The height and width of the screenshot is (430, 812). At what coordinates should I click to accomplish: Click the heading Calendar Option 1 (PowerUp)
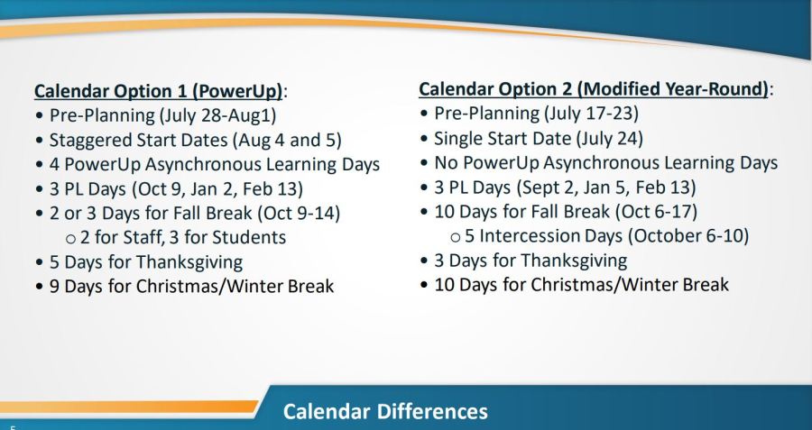(158, 92)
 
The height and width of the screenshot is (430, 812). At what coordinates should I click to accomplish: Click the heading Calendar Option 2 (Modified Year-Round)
(594, 89)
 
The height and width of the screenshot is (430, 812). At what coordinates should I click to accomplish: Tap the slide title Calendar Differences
(385, 411)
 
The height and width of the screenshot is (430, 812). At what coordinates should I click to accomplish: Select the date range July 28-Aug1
(218, 114)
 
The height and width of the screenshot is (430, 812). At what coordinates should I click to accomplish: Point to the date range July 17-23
(590, 113)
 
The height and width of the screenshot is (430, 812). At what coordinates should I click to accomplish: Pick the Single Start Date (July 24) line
(539, 138)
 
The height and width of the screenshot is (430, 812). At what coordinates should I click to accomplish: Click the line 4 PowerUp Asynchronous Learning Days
(215, 165)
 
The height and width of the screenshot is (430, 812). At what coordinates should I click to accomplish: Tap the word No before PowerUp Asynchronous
(447, 162)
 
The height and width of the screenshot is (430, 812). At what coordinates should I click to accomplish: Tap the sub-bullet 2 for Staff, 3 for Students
(183, 237)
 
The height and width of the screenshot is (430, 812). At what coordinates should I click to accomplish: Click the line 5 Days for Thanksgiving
(146, 261)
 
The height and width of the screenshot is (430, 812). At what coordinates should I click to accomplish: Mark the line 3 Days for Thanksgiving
(531, 261)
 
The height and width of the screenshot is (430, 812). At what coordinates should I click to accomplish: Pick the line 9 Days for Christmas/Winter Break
(191, 286)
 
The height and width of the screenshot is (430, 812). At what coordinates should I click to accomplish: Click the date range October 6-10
(688, 235)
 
